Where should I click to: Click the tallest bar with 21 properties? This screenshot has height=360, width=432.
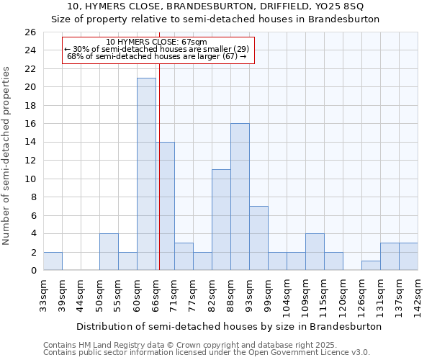pos(146,174)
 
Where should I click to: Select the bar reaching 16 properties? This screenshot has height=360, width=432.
pos(240,197)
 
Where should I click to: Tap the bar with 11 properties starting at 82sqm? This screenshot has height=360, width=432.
pos(221,220)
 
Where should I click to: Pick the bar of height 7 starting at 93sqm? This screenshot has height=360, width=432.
pos(258,238)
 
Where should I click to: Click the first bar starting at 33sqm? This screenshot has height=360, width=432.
pos(53,261)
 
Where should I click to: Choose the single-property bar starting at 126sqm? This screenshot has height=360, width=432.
pos(371,266)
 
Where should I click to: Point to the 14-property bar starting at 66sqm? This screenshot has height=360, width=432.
pos(165,206)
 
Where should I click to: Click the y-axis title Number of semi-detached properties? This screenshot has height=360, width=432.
pos(8,156)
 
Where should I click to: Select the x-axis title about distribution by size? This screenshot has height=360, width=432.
pos(229,326)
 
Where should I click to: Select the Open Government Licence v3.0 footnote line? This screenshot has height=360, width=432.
pos(207,352)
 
